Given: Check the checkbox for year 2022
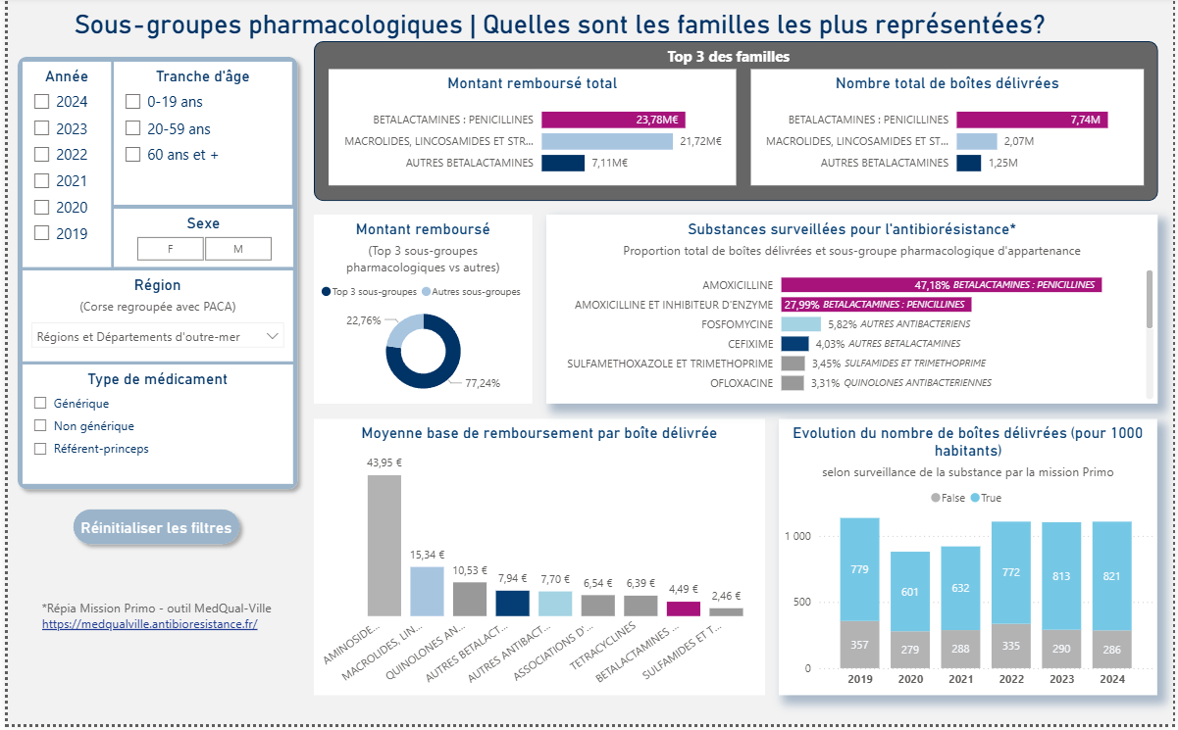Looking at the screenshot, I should [41, 155].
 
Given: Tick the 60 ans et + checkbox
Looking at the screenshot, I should [132, 155].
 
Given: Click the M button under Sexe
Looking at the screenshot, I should [238, 249].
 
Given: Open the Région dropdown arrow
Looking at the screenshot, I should [272, 336].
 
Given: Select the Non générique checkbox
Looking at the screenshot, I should [40, 426].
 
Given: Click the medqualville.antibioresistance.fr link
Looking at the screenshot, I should [149, 623].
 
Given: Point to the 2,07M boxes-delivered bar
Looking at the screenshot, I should [976, 141].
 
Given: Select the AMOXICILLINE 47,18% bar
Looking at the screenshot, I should [940, 285].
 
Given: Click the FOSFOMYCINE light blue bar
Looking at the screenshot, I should [800, 324].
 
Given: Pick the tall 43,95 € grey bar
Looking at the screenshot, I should [384, 545].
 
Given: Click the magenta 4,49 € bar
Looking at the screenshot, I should [684, 608].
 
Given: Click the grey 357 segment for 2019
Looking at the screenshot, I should [859, 645].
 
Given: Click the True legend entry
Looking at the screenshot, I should [986, 499].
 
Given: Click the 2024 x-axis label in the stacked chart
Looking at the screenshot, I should [1111, 680].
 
